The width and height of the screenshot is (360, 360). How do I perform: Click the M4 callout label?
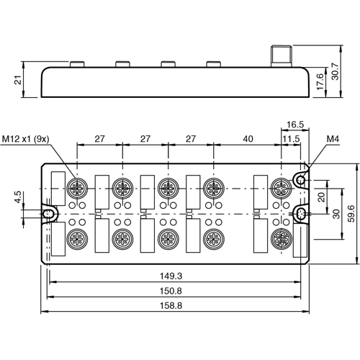point(333,138)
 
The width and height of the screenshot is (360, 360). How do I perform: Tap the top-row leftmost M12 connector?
point(76,189)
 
